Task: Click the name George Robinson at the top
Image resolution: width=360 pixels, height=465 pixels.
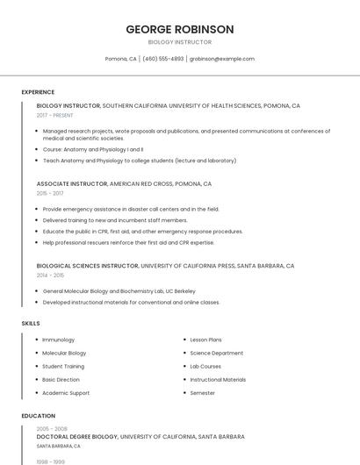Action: pyautogui.click(x=180, y=29)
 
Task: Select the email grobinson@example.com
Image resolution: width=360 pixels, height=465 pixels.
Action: pyautogui.click(x=222, y=59)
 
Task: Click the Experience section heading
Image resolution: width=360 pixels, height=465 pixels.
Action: pyautogui.click(x=38, y=92)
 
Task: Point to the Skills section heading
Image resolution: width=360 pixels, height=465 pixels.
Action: pyautogui.click(x=31, y=323)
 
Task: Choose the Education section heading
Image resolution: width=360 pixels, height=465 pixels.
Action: pyautogui.click(x=39, y=416)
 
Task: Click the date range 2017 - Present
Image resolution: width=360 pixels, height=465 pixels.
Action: pyautogui.click(x=55, y=115)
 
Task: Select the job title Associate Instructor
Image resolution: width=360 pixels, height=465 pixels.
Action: pyautogui.click(x=72, y=184)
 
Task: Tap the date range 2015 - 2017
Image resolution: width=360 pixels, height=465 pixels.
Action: pyautogui.click(x=50, y=193)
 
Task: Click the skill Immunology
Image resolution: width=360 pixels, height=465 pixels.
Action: pyautogui.click(x=59, y=340)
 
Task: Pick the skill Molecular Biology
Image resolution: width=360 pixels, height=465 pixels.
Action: pyautogui.click(x=64, y=353)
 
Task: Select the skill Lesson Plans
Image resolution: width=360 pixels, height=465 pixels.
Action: pyautogui.click(x=205, y=340)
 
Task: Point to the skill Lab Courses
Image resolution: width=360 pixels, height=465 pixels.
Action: pyautogui.click(x=205, y=366)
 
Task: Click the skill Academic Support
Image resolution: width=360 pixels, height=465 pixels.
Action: pyautogui.click(x=66, y=393)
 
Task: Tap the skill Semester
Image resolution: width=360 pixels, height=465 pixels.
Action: pyautogui.click(x=203, y=393)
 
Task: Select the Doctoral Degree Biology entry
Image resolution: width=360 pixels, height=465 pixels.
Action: pyautogui.click(x=77, y=436)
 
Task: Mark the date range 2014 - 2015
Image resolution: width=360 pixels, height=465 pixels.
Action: pyautogui.click(x=50, y=275)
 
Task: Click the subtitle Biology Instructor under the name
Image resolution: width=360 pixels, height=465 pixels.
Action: pyautogui.click(x=180, y=41)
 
